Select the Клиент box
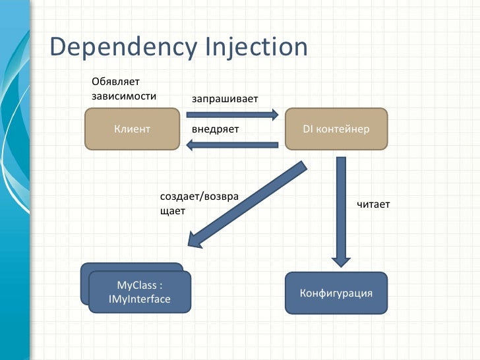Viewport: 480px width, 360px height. click(133, 129)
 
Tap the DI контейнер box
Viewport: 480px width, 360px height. click(336, 129)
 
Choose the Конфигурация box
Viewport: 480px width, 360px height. click(336, 292)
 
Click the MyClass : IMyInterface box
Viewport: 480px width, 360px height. click(139, 292)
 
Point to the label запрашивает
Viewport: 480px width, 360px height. click(224, 99)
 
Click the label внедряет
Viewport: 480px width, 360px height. click(214, 129)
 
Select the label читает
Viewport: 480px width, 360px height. click(373, 204)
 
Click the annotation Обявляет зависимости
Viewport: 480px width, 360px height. click(124, 88)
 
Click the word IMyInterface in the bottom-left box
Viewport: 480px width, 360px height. click(139, 299)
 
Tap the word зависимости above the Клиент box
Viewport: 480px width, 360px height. click(124, 96)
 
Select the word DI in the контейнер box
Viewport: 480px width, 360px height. click(308, 129)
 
